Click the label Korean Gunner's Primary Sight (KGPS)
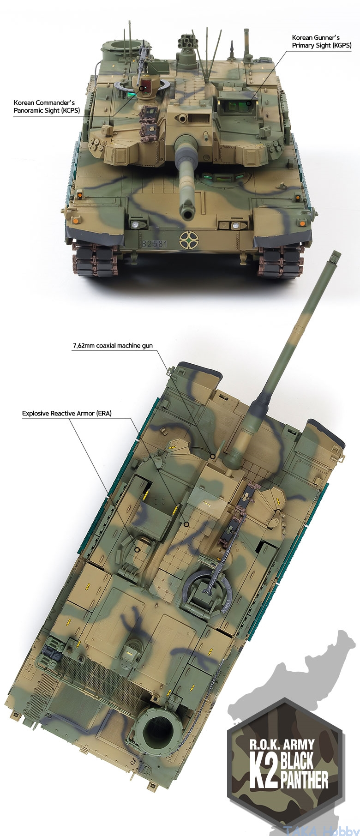click(x=322, y=41)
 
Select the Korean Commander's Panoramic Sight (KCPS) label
click(x=44, y=106)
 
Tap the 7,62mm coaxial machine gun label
click(x=112, y=345)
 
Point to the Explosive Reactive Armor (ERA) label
click(x=67, y=413)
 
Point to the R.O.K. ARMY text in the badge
click(x=282, y=745)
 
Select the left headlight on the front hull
click(x=135, y=224)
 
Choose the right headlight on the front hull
click(x=236, y=226)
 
